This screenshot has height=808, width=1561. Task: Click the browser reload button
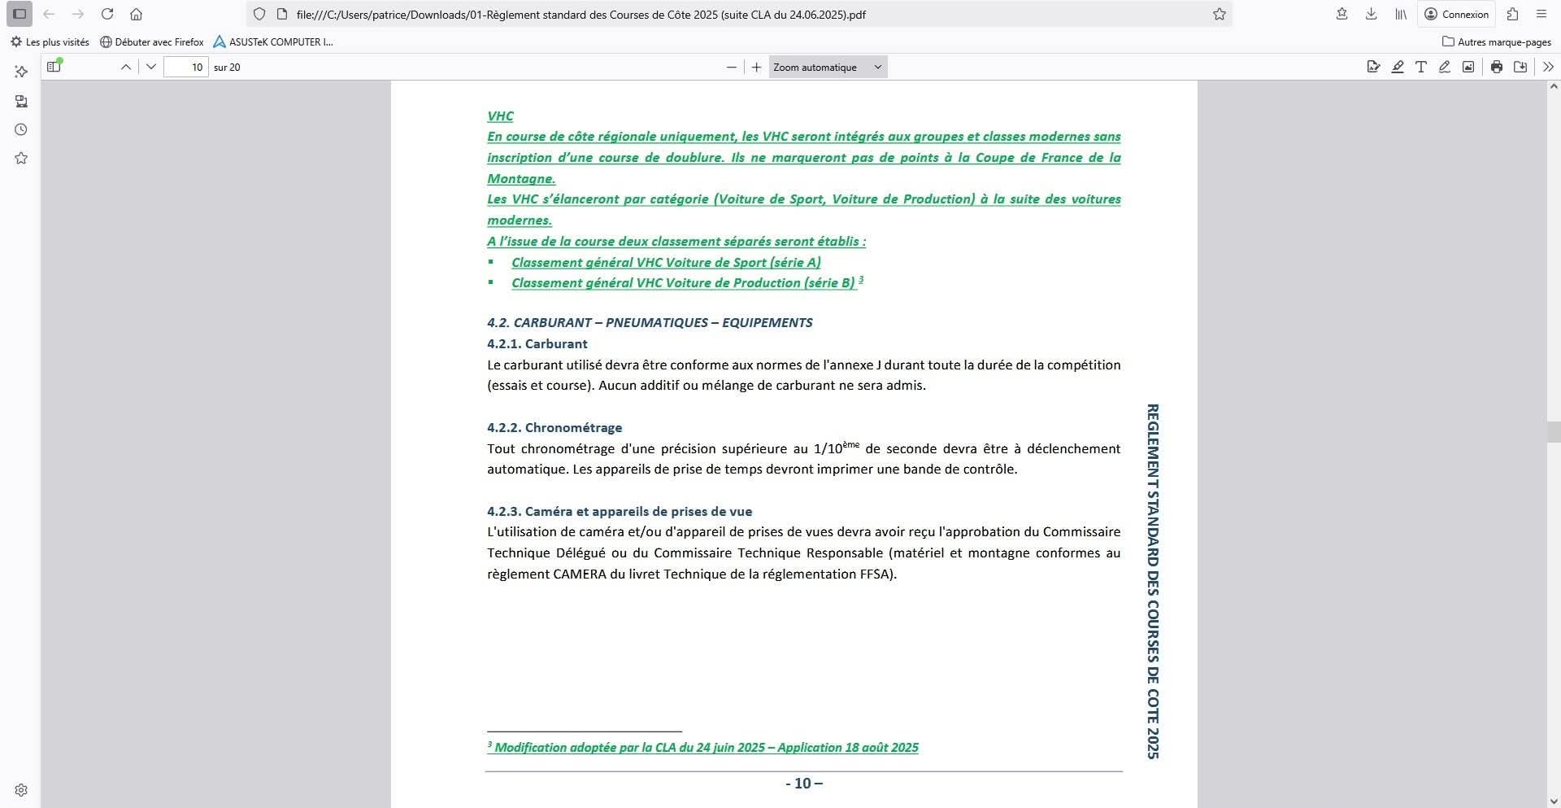click(107, 14)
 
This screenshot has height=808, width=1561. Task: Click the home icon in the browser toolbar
click(137, 14)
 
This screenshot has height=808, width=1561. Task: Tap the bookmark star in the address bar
click(1219, 14)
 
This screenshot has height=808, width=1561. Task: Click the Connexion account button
click(1456, 14)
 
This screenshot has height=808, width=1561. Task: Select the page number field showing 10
click(186, 67)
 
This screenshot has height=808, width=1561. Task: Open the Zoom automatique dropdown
click(828, 67)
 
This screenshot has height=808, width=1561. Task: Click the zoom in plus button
click(756, 67)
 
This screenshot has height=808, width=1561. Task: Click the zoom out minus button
click(732, 67)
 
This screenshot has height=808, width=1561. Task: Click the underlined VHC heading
click(500, 116)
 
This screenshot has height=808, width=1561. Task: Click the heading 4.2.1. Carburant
click(537, 343)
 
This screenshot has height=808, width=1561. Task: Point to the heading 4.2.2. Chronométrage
click(554, 427)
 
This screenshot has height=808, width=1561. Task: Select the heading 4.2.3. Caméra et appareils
click(620, 511)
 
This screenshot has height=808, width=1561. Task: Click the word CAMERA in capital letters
click(579, 574)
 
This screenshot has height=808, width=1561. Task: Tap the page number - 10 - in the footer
click(803, 783)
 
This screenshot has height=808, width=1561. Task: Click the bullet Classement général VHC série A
click(666, 262)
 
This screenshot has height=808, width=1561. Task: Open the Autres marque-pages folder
click(1496, 41)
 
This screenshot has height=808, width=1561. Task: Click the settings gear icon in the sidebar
click(21, 789)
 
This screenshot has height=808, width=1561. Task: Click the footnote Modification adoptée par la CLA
click(706, 747)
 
